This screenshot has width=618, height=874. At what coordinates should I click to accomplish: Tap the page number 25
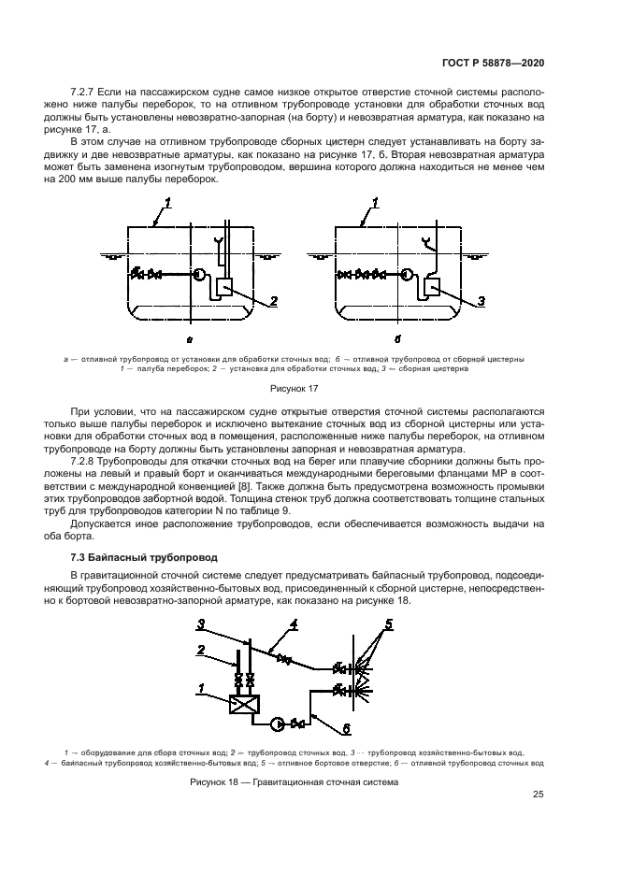(538, 795)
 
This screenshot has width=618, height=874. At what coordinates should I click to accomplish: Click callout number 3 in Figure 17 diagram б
(481, 301)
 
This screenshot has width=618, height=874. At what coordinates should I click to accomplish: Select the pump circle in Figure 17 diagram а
(199, 275)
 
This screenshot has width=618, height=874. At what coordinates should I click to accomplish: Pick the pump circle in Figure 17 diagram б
(406, 275)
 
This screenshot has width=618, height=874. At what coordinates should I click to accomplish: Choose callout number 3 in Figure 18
(200, 623)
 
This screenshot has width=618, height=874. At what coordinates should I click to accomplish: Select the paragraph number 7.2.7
(85, 95)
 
